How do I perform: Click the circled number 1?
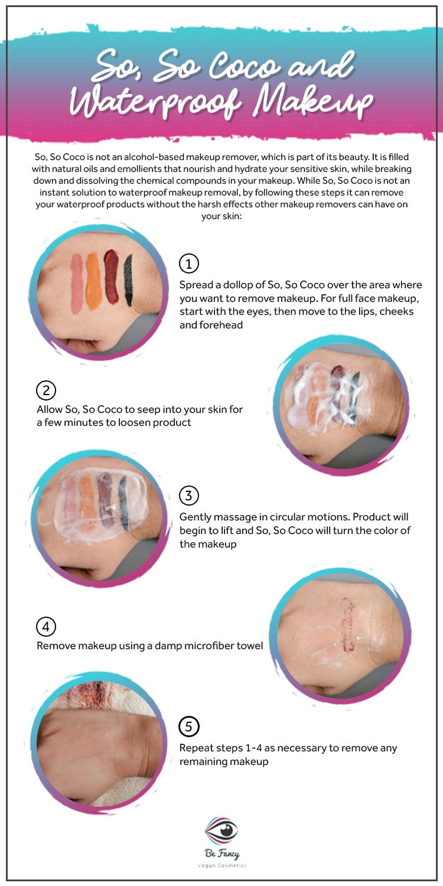click(x=188, y=263)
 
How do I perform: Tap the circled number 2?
click(x=46, y=390)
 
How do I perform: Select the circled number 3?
click(x=188, y=496)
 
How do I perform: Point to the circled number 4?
click(x=46, y=627)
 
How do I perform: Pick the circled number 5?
click(x=188, y=726)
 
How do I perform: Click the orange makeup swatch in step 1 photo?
click(x=93, y=281)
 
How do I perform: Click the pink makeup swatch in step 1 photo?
click(x=77, y=283)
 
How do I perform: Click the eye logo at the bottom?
click(x=221, y=829)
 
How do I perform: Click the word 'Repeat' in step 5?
click(x=194, y=748)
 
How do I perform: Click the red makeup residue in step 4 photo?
click(x=348, y=624)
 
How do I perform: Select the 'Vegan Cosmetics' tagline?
click(x=222, y=865)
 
